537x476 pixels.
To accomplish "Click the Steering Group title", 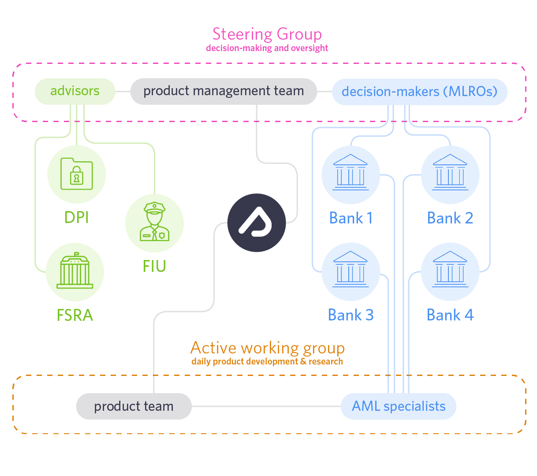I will (x=267, y=34).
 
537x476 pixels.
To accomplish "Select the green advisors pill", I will (x=75, y=91).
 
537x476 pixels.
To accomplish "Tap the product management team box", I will (x=224, y=91).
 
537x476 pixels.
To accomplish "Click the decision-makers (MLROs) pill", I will (x=419, y=92).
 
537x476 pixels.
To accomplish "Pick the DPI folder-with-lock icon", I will (x=77, y=175).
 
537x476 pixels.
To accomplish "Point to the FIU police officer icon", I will (x=154, y=223).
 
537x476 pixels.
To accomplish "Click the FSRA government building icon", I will (x=75, y=271).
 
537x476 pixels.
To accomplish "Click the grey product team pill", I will (x=134, y=406).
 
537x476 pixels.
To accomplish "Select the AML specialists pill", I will (x=399, y=406).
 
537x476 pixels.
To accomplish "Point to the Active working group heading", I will (x=267, y=348).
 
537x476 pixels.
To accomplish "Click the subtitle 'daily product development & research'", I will (x=267, y=361).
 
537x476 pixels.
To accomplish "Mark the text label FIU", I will (x=154, y=266).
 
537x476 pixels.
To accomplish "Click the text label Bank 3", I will (x=351, y=315).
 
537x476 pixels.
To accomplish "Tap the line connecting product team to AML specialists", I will (x=266, y=406).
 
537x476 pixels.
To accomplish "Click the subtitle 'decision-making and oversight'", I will (x=267, y=48).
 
